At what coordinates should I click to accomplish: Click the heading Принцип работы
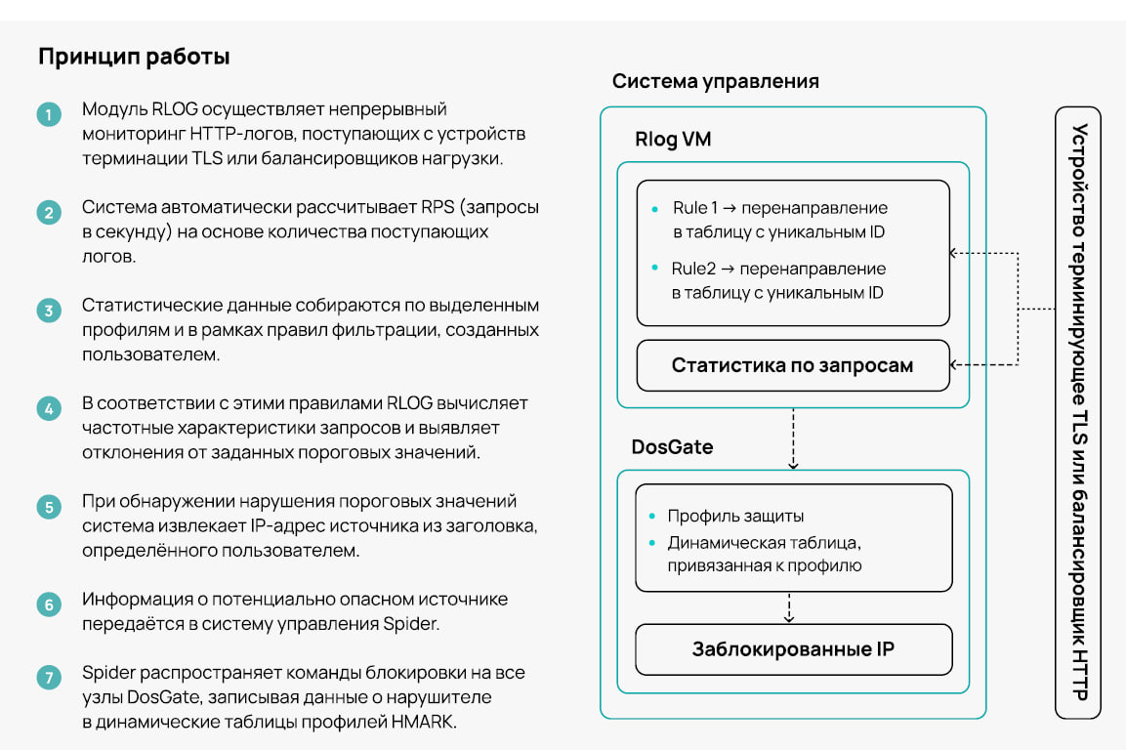[135, 57]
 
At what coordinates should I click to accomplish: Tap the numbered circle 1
[49, 114]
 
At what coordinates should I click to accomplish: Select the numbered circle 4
[49, 409]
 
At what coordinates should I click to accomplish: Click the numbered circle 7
[49, 677]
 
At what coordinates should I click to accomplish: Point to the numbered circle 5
[49, 507]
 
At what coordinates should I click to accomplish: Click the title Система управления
[715, 81]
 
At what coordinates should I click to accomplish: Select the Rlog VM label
[673, 139]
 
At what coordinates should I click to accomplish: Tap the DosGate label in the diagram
[672, 447]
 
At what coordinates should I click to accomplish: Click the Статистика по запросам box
[793, 365]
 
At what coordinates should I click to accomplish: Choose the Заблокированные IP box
[794, 649]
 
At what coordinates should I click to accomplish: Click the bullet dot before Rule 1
[654, 209]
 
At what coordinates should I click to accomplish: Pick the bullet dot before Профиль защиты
[652, 516]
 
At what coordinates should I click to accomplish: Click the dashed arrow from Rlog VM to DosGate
[794, 438]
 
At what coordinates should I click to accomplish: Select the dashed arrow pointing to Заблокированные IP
[789, 607]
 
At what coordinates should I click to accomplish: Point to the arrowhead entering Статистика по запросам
[954, 365]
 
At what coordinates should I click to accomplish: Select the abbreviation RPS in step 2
[438, 207]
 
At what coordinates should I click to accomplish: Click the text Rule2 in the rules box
[693, 269]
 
